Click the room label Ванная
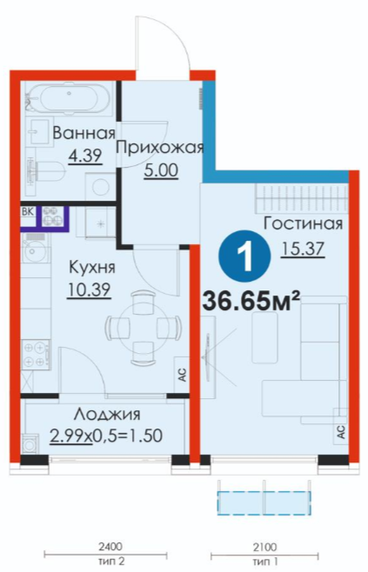coord(84,133)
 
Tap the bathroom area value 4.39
coord(85,156)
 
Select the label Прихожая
coord(159,148)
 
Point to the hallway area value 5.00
coord(161,170)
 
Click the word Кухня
coord(92,267)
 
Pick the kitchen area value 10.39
coord(89,289)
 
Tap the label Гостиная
coord(303,223)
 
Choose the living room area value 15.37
coord(303,249)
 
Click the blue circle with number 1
coord(244,256)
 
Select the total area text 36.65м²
coord(251,300)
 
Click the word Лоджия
coord(107,414)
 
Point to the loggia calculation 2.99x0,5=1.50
coord(106,436)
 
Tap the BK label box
coord(28,212)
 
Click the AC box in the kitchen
coord(182,375)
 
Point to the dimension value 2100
coord(264,547)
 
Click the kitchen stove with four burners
coord(36,354)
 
